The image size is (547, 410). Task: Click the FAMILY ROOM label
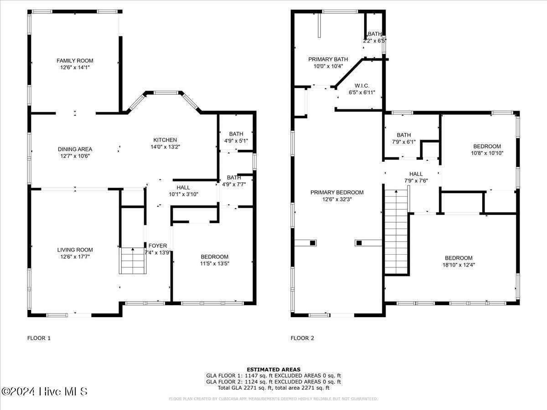tap(75, 61)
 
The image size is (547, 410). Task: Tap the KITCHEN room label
tap(165, 140)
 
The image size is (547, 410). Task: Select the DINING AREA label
tap(75, 149)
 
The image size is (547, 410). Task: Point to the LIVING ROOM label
tap(75, 250)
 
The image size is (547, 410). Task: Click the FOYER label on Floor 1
tap(158, 246)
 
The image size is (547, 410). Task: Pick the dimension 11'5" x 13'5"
tap(214, 263)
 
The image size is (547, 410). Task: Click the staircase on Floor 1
tap(133, 261)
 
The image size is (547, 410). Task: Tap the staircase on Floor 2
tap(395, 232)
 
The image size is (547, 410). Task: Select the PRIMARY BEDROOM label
tap(337, 192)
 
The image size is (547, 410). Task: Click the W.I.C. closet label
tap(361, 86)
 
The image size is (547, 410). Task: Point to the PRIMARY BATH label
tap(328, 59)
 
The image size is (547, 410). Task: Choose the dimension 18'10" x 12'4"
tap(459, 264)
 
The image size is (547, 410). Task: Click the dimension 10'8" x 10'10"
tap(487, 153)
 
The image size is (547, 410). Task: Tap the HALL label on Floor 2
tap(416, 174)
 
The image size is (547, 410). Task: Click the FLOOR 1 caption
tap(39, 338)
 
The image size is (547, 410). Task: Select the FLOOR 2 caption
tap(302, 338)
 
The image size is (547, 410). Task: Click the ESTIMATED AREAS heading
tap(273, 369)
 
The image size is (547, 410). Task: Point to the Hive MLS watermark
tap(44, 391)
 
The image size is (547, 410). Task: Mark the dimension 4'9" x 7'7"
tap(234, 184)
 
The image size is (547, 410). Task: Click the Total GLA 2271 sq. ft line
tap(273, 388)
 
